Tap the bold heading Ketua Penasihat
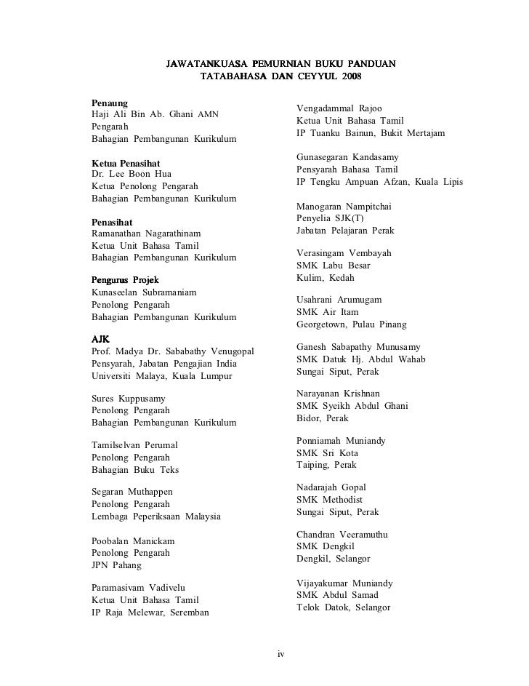(x=126, y=163)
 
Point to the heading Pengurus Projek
(x=126, y=280)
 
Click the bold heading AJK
(x=100, y=339)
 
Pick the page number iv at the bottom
(x=281, y=654)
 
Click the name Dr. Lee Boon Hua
(x=132, y=175)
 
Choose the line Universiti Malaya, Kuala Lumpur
(x=161, y=376)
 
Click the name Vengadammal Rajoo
(x=339, y=108)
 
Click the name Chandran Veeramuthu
(x=342, y=535)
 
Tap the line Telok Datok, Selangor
(x=344, y=607)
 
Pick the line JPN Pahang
(x=116, y=565)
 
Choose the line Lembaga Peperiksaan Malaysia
(x=156, y=517)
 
